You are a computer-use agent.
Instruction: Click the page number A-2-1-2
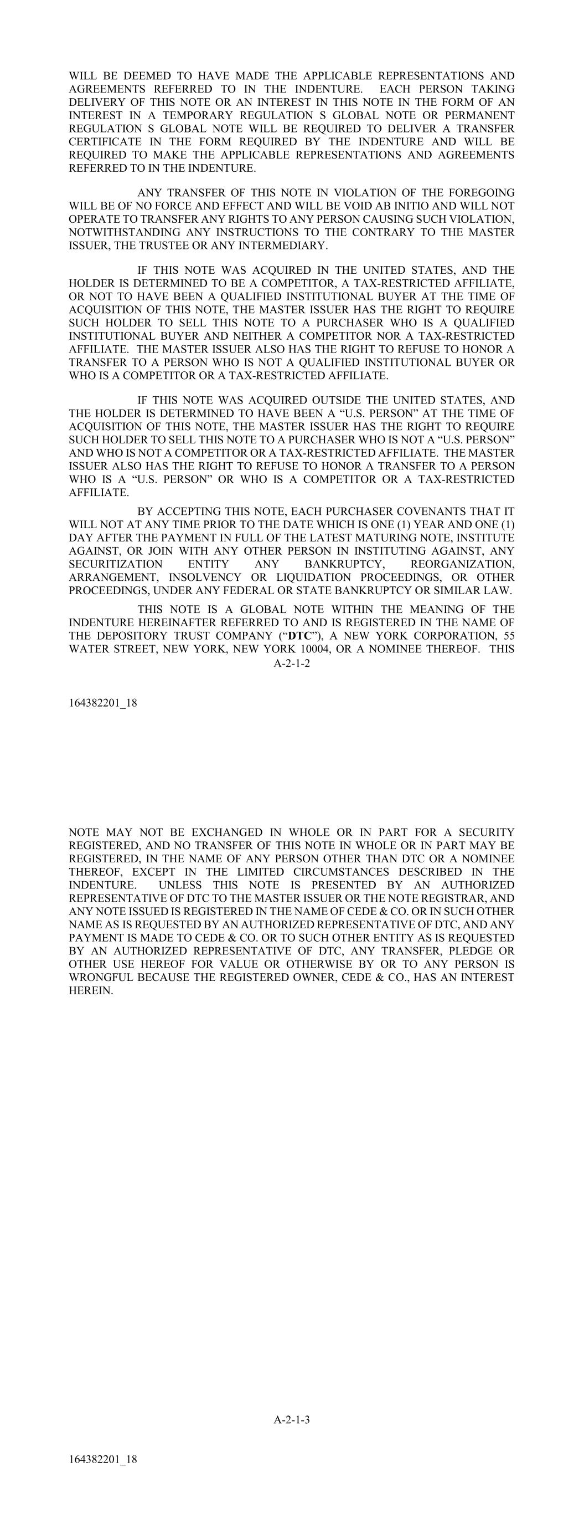pos(292,662)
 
